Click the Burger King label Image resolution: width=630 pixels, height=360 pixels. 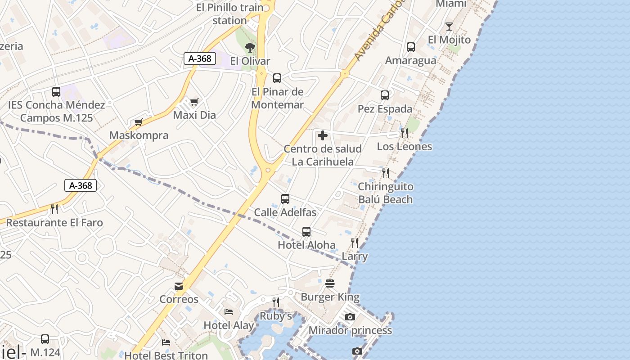point(330,297)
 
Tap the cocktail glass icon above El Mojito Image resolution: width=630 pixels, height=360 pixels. point(449,26)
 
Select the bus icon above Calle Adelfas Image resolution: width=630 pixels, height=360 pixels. point(285,198)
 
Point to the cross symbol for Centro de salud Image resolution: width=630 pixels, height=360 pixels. point(322,135)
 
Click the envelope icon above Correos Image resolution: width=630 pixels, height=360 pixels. point(179,286)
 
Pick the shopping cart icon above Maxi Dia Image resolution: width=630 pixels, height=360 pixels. point(194,102)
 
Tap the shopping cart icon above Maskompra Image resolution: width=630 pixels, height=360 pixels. point(139,122)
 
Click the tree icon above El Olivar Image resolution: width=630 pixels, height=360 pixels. point(250,48)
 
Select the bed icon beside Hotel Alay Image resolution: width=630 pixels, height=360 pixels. point(229,311)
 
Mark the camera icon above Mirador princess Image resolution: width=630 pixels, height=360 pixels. point(350,317)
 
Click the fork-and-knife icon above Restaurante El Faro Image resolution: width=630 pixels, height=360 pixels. point(54,209)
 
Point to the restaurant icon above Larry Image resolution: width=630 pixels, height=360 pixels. point(355,243)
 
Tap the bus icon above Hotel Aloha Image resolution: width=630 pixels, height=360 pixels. point(306,232)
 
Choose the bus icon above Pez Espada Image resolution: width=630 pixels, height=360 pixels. point(385,95)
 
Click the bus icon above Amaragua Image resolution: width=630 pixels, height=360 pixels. point(410,47)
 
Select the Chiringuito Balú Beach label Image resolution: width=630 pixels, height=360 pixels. point(385,193)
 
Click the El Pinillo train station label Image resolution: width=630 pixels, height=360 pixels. point(229,14)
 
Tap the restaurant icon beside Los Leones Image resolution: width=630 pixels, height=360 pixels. point(405,133)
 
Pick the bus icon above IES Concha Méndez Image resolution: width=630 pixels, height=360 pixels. point(56,92)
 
